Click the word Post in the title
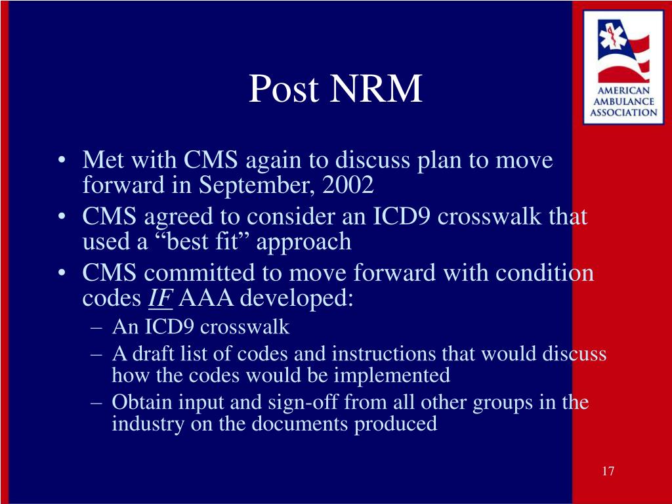coord(284,89)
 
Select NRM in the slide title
coord(376,89)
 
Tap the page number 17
coord(608,471)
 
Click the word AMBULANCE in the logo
coord(623,102)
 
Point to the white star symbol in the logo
coord(610,36)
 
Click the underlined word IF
coord(160,298)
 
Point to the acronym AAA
coord(206,298)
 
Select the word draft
coord(153,354)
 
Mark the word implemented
coord(392,376)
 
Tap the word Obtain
coord(142,402)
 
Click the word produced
coord(396,425)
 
